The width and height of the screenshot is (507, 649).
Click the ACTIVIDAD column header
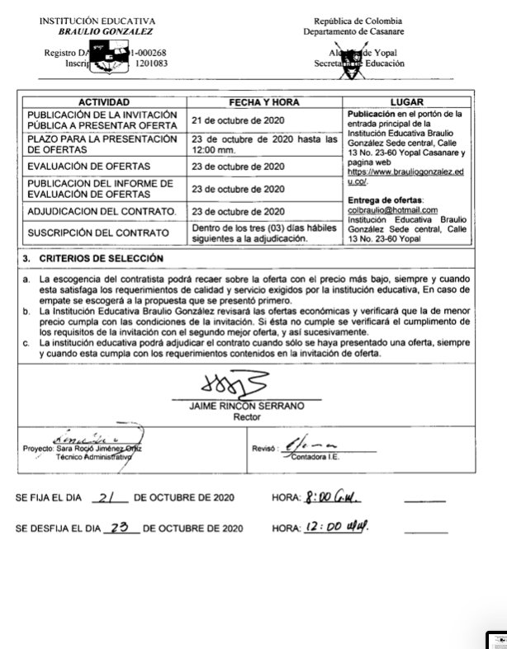pos(105,102)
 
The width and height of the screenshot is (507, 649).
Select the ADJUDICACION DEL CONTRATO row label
pos(104,211)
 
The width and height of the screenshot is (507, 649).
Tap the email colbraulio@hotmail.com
pos(393,210)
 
